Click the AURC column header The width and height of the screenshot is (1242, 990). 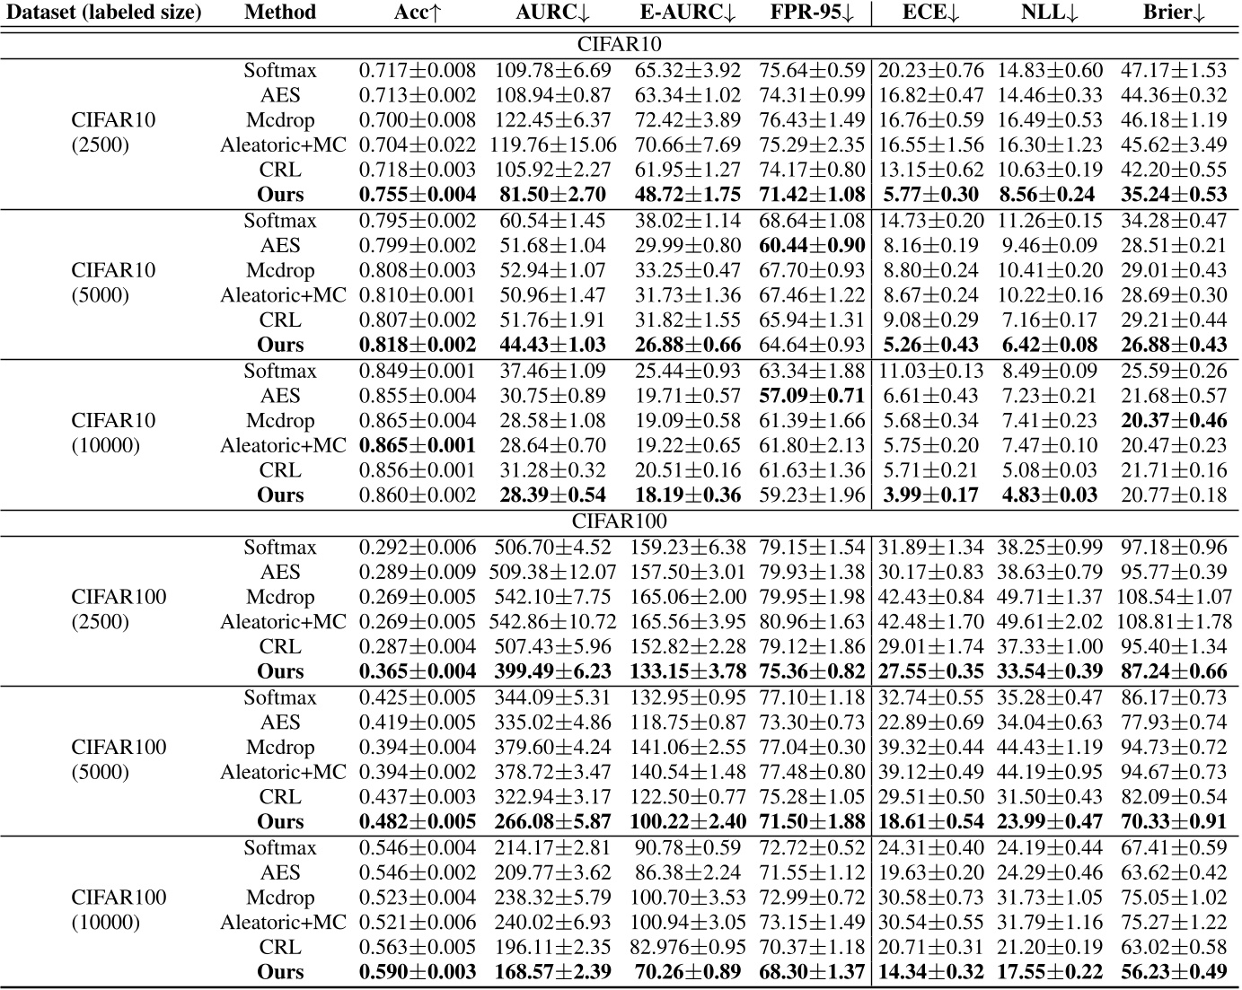coord(551,13)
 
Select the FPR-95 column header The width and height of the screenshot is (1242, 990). coord(812,13)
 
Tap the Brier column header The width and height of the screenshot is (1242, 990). coord(1174,13)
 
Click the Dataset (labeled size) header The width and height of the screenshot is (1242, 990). coord(102,13)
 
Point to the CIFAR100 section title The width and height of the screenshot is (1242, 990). coord(619,521)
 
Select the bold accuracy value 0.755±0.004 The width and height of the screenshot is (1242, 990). coord(417,195)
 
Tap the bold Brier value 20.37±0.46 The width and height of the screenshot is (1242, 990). coord(1174,421)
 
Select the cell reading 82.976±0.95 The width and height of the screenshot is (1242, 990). coord(685,947)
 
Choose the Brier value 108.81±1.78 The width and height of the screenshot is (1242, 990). coord(1174,622)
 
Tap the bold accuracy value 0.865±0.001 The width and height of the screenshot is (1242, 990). coord(417,446)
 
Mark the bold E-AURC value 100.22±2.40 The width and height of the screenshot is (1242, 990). coord(685,822)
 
